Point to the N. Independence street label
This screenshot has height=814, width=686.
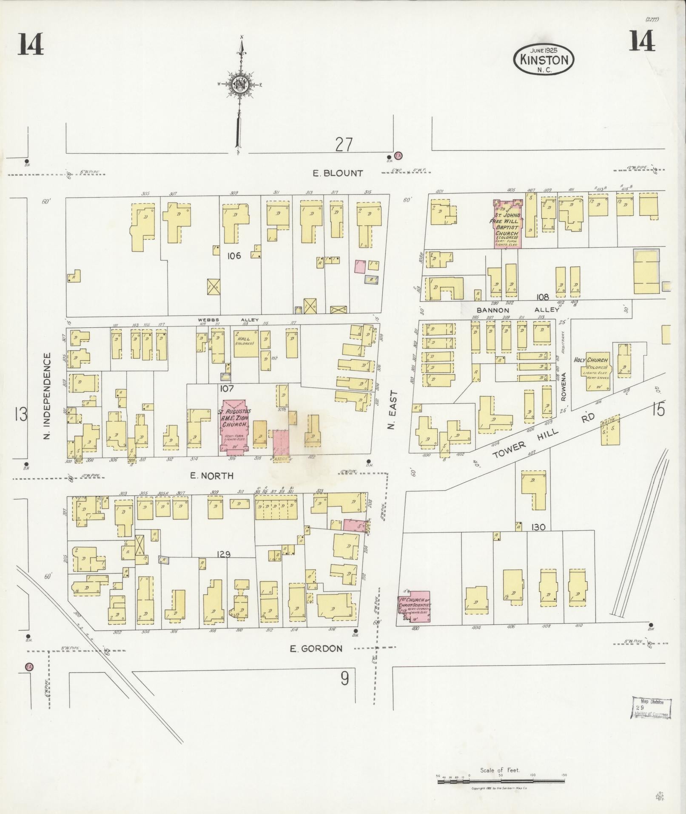pyautogui.click(x=47, y=396)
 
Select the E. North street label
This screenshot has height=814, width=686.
pyautogui.click(x=212, y=476)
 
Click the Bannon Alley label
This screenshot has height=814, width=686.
pyautogui.click(x=516, y=310)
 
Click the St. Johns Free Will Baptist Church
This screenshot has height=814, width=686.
pyautogui.click(x=507, y=223)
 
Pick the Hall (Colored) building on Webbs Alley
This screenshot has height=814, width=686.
pyautogui.click(x=245, y=343)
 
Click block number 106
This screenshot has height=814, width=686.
pyautogui.click(x=234, y=256)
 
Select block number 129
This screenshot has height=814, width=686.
pyautogui.click(x=223, y=554)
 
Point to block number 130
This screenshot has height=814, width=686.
pyautogui.click(x=538, y=527)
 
